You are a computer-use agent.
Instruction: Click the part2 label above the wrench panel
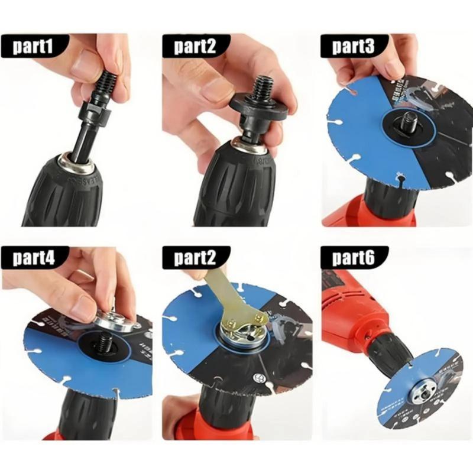coord(194,258)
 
